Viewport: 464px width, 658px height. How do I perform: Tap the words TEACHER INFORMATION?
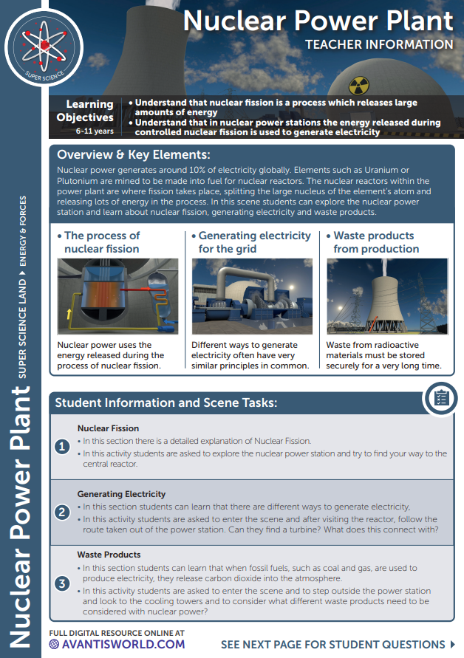[379, 44]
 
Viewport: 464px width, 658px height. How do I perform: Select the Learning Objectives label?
[85, 111]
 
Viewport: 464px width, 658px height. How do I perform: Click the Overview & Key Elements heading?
[134, 155]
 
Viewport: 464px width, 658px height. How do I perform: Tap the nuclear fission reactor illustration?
[118, 297]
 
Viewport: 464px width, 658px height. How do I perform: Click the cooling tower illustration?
[387, 297]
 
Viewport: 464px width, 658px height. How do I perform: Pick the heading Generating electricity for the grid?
[255, 242]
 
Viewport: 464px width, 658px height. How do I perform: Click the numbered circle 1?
[64, 445]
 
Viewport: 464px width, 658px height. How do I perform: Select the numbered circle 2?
[64, 511]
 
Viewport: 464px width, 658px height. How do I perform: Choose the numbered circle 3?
[64, 583]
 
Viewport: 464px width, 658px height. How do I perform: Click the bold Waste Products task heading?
[109, 555]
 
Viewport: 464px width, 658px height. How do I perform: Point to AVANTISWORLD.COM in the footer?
[122, 644]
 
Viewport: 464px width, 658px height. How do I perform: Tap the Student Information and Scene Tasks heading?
[166, 403]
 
